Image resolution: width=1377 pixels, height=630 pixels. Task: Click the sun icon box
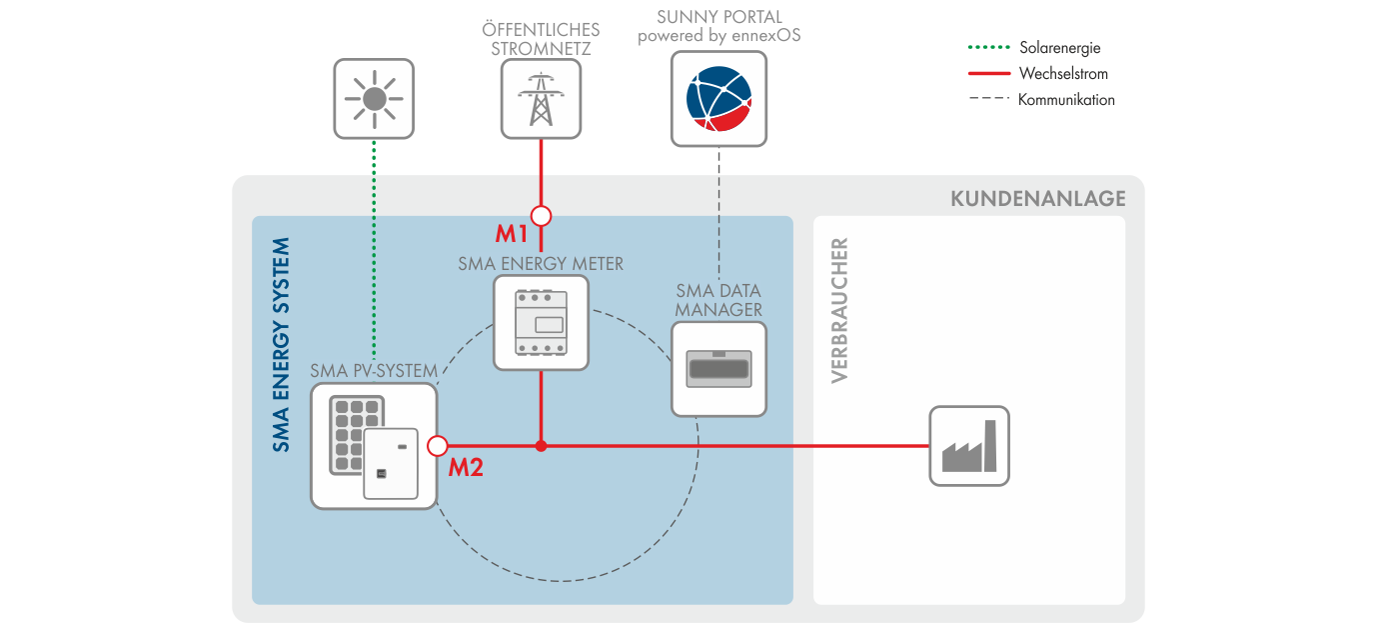pyautogui.click(x=374, y=98)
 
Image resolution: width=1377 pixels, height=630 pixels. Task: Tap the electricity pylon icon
pyautogui.click(x=541, y=98)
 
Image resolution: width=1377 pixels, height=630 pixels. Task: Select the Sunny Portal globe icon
pyautogui.click(x=718, y=98)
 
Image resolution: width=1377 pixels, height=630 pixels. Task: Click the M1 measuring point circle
pyautogui.click(x=541, y=215)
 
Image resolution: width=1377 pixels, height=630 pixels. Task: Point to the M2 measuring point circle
pyautogui.click(x=437, y=446)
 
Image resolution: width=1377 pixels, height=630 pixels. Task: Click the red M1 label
pyautogui.click(x=512, y=235)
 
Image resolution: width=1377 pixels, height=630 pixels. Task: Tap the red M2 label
pyautogui.click(x=466, y=467)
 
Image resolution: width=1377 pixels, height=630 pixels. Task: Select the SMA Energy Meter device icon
pyautogui.click(x=541, y=323)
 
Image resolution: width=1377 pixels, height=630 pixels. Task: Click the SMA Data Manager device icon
pyautogui.click(x=718, y=368)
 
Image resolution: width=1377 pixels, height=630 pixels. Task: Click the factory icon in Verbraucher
pyautogui.click(x=969, y=446)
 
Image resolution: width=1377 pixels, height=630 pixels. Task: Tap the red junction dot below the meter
pyautogui.click(x=541, y=446)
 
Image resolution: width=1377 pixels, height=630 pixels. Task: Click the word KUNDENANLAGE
pyautogui.click(x=1037, y=198)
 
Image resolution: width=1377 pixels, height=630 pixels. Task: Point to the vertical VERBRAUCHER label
pyautogui.click(x=839, y=310)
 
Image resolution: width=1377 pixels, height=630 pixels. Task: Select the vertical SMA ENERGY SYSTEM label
pyautogui.click(x=282, y=345)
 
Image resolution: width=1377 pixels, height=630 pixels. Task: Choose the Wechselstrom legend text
pyautogui.click(x=1063, y=73)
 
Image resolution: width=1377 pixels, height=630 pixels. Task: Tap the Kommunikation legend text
pyautogui.click(x=1066, y=99)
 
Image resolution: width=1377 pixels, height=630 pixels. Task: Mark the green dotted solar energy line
pyautogui.click(x=374, y=250)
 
